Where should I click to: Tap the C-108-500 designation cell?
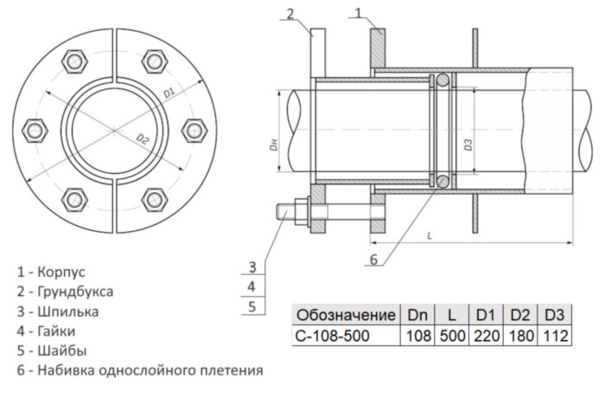click(x=331, y=336)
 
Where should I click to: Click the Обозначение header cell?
click(x=345, y=314)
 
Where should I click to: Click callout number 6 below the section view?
click(x=373, y=258)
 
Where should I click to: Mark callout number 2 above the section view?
click(x=290, y=13)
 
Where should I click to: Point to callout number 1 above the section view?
click(x=360, y=13)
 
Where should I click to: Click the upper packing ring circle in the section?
click(x=442, y=80)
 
